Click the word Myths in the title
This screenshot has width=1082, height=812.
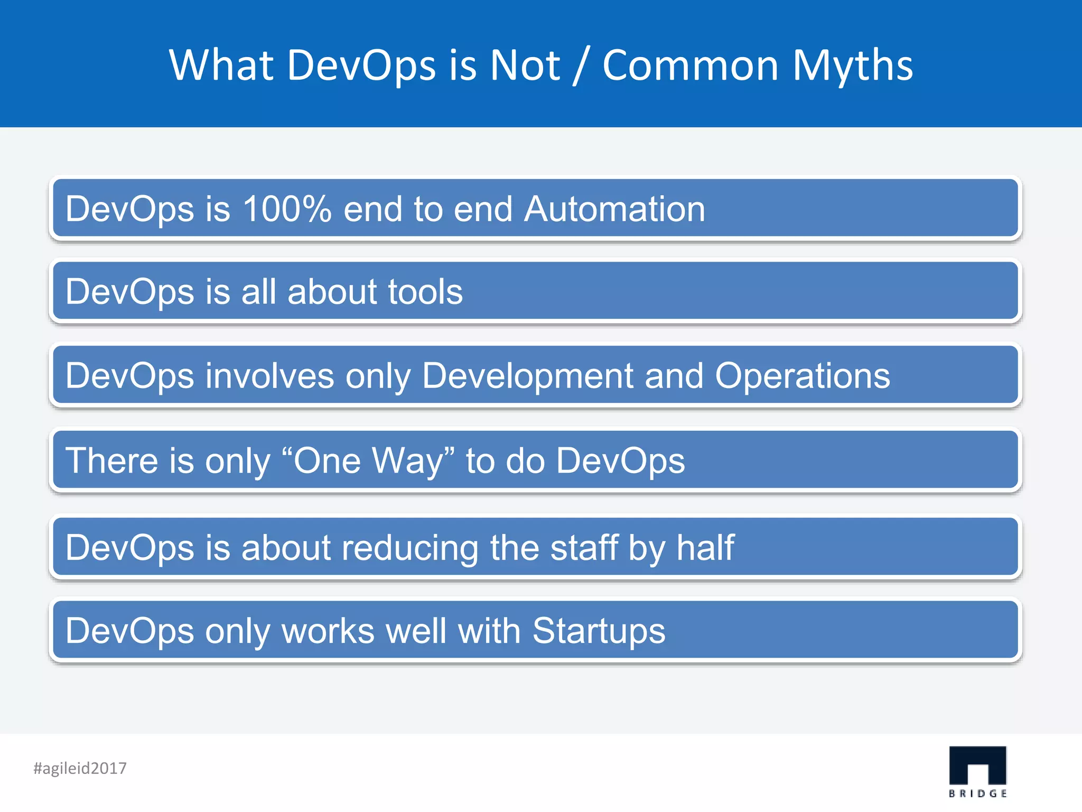click(853, 66)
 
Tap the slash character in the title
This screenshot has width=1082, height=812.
click(581, 66)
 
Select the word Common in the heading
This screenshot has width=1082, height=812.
click(691, 66)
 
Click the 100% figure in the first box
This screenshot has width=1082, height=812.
click(287, 209)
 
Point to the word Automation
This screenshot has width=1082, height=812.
click(614, 209)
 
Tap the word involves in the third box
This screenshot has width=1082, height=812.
click(269, 376)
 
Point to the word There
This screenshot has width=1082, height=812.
click(111, 460)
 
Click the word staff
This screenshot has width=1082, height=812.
click(584, 548)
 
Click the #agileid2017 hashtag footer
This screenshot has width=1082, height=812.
click(80, 768)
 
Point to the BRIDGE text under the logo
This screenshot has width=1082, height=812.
click(977, 793)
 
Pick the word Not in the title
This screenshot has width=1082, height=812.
click(525, 66)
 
